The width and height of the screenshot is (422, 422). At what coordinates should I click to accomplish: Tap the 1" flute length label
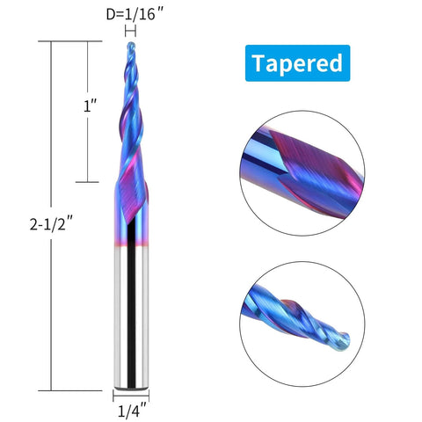89,107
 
